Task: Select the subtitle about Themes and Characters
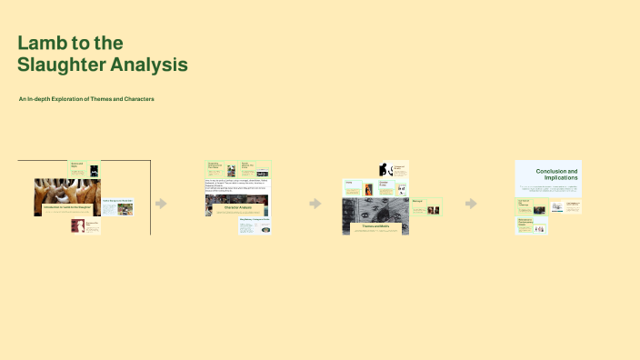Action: [x=86, y=98]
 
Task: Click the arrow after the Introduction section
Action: [x=161, y=204]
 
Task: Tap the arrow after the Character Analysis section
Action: [x=315, y=204]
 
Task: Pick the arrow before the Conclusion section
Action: [x=471, y=204]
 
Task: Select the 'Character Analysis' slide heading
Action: [x=238, y=207]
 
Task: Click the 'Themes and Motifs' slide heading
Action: [x=375, y=225]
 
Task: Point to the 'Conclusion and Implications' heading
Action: [x=556, y=174]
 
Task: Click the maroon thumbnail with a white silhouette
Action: [x=79, y=225]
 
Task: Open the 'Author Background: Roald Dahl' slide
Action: [x=116, y=201]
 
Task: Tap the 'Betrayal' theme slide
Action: [x=417, y=200]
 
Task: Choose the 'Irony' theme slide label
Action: [x=348, y=182]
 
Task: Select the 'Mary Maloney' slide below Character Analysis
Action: [x=255, y=220]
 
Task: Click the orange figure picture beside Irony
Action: [x=368, y=189]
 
